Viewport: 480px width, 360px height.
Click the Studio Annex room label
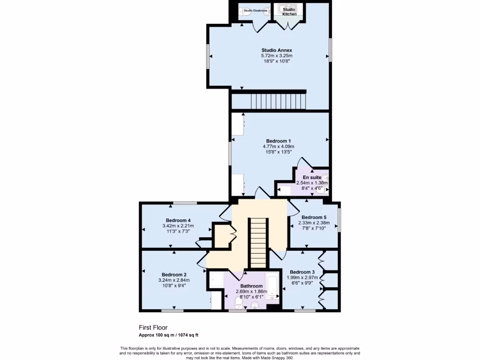click(x=277, y=50)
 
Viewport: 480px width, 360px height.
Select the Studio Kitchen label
click(x=289, y=12)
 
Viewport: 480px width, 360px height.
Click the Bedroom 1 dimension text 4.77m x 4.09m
click(x=278, y=146)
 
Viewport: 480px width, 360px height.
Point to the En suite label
click(x=312, y=177)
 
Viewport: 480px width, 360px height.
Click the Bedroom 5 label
click(x=314, y=217)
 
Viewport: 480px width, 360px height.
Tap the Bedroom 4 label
click(x=178, y=220)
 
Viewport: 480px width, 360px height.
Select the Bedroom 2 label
click(x=174, y=275)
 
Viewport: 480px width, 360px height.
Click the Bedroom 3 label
click(x=302, y=272)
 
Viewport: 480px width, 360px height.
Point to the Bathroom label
click(x=251, y=285)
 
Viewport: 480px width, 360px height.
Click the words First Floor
click(x=153, y=328)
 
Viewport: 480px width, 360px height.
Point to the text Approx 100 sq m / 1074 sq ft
click(x=168, y=335)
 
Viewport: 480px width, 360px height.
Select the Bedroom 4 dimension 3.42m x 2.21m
click(x=178, y=225)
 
